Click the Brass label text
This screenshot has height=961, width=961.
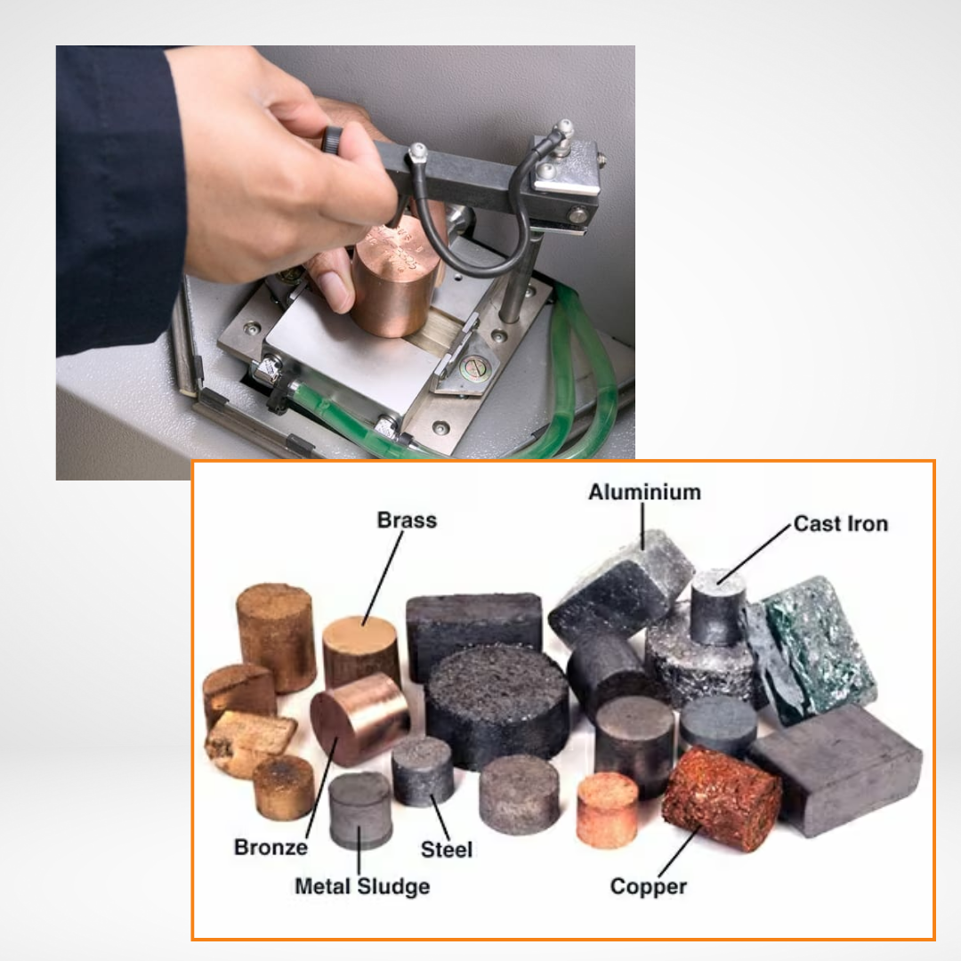click(407, 520)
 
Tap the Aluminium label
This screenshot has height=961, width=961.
click(644, 492)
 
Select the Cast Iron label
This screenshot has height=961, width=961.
click(840, 523)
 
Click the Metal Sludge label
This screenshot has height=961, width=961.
click(361, 886)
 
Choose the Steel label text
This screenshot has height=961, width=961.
click(446, 849)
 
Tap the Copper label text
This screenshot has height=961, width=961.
click(648, 886)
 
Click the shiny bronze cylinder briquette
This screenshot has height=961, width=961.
click(359, 717)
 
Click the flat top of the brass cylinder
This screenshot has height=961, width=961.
click(360, 634)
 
